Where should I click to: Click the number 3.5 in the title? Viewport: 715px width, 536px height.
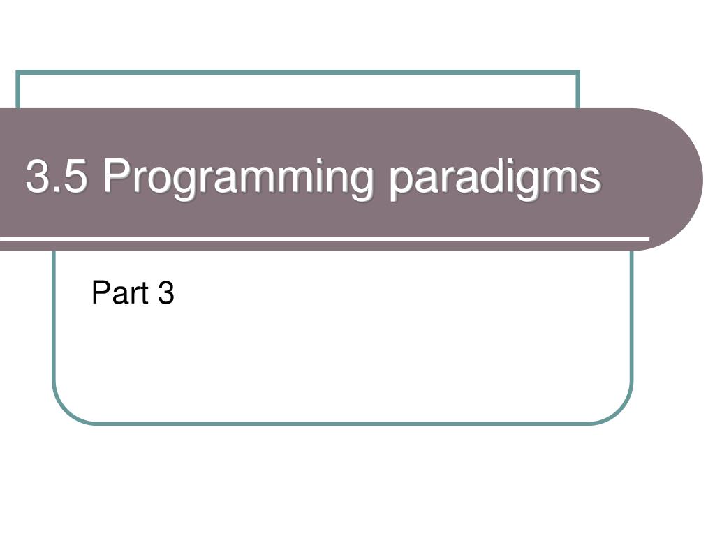pyautogui.click(x=57, y=177)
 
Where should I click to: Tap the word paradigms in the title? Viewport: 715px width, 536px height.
pyautogui.click(x=494, y=178)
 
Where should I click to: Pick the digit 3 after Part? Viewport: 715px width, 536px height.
pyautogui.click(x=165, y=293)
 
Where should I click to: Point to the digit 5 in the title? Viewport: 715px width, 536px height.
pyautogui.click(x=76, y=177)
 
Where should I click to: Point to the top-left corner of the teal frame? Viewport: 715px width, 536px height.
pyautogui.click(x=17, y=72)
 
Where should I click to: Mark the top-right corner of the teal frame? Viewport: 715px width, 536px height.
pyautogui.click(x=578, y=72)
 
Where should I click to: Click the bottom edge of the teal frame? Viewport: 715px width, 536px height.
pyautogui.click(x=342, y=422)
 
